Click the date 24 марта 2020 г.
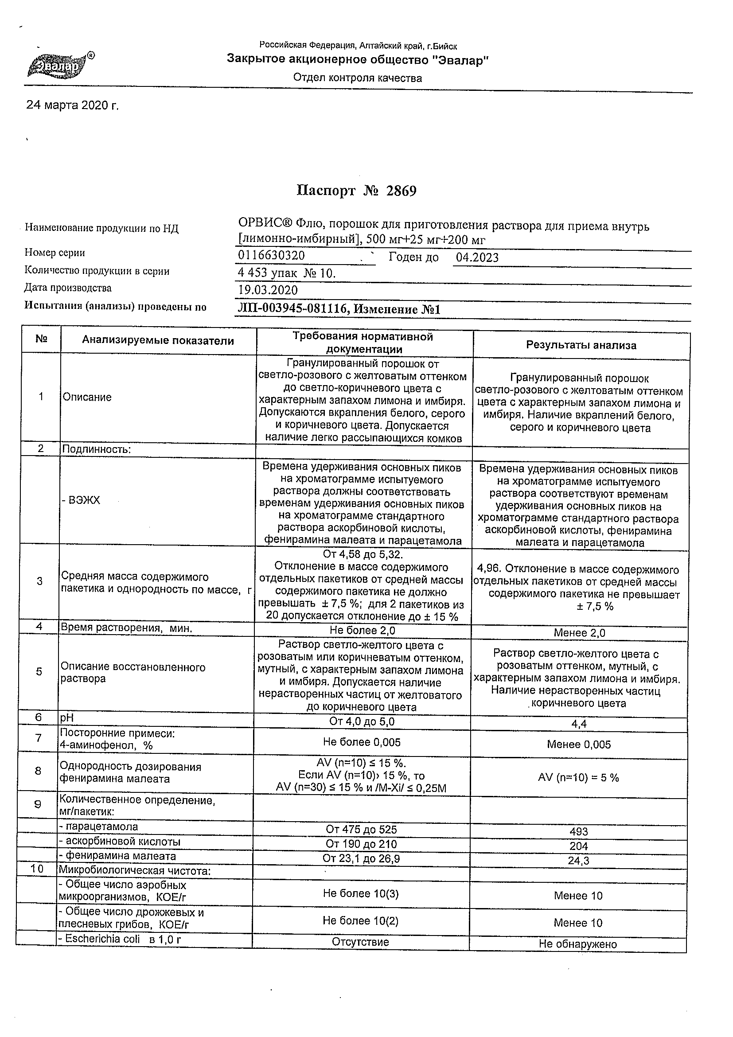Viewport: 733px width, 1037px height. pos(72,105)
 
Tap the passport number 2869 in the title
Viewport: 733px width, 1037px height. pos(401,191)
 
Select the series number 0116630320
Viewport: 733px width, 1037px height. pos(271,256)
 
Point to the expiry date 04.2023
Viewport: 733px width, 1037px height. pos(477,258)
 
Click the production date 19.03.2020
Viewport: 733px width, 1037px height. pos(268,290)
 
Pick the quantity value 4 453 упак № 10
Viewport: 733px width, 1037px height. pos(287,273)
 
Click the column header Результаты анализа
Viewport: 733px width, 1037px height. pos(581,346)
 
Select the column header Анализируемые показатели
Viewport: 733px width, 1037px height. pos(158,340)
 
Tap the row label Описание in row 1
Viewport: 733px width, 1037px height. pos(87,397)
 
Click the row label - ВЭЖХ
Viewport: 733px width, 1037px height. pos(81,500)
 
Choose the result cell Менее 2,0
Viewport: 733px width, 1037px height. pos(580,633)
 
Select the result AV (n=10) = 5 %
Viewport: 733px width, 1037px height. pos(578,777)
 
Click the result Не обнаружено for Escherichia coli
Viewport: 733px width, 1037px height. pos(577,944)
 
